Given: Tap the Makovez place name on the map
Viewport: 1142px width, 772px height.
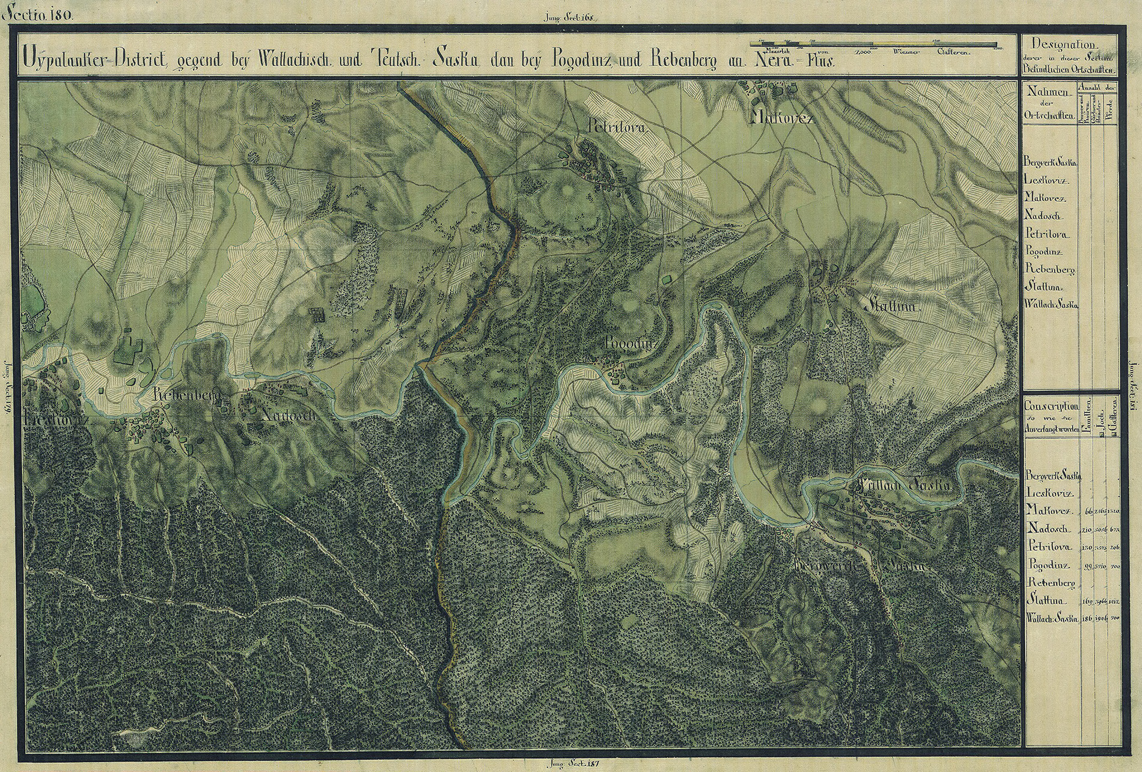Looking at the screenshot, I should (783, 118).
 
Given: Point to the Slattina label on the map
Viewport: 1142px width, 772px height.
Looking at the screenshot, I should (891, 306).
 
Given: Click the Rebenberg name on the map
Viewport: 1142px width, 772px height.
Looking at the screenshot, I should (185, 395).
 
